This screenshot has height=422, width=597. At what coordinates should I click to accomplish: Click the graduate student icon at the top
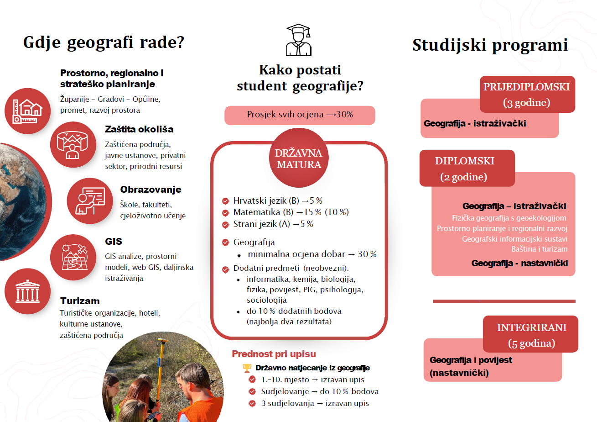click(x=298, y=40)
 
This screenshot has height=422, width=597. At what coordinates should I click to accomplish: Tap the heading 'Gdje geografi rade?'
click(x=104, y=43)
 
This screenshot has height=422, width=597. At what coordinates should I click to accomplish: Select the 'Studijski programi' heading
click(x=490, y=45)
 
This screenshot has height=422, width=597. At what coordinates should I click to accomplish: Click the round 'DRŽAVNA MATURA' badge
click(x=298, y=158)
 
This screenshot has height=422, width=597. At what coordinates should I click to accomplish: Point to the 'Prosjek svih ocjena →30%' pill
click(x=300, y=115)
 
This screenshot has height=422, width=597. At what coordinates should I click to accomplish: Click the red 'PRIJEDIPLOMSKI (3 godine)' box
click(x=527, y=94)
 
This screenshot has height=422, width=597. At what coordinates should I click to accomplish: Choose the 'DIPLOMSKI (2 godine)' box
click(x=467, y=168)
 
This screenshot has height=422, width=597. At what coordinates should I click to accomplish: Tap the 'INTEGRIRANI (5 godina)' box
click(x=531, y=335)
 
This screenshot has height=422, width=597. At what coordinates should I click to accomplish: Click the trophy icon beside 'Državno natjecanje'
click(x=247, y=368)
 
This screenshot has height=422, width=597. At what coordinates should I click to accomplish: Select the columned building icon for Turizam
click(x=27, y=291)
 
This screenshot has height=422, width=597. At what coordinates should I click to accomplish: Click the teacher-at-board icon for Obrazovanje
click(x=90, y=200)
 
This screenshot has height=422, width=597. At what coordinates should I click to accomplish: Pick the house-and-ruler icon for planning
click(x=27, y=111)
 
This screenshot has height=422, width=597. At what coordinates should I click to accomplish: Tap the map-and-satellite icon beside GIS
click(x=73, y=258)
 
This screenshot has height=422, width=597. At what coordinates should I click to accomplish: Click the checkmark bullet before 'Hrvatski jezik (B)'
click(x=225, y=201)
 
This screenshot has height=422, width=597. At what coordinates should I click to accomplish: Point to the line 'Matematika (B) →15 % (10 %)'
click(x=291, y=212)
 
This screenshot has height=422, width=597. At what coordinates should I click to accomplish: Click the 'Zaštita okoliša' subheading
click(x=139, y=129)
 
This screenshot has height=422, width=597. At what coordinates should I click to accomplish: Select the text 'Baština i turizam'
click(x=540, y=249)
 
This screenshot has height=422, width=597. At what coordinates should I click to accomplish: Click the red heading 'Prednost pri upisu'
click(x=274, y=354)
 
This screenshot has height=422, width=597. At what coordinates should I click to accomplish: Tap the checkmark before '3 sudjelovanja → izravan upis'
click(x=252, y=403)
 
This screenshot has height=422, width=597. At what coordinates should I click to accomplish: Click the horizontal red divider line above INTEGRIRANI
click(x=504, y=301)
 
